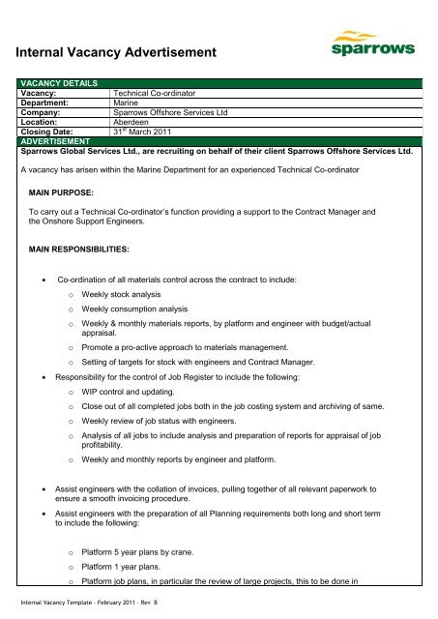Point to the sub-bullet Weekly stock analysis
tap(121, 293)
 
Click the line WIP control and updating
tap(129, 393)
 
